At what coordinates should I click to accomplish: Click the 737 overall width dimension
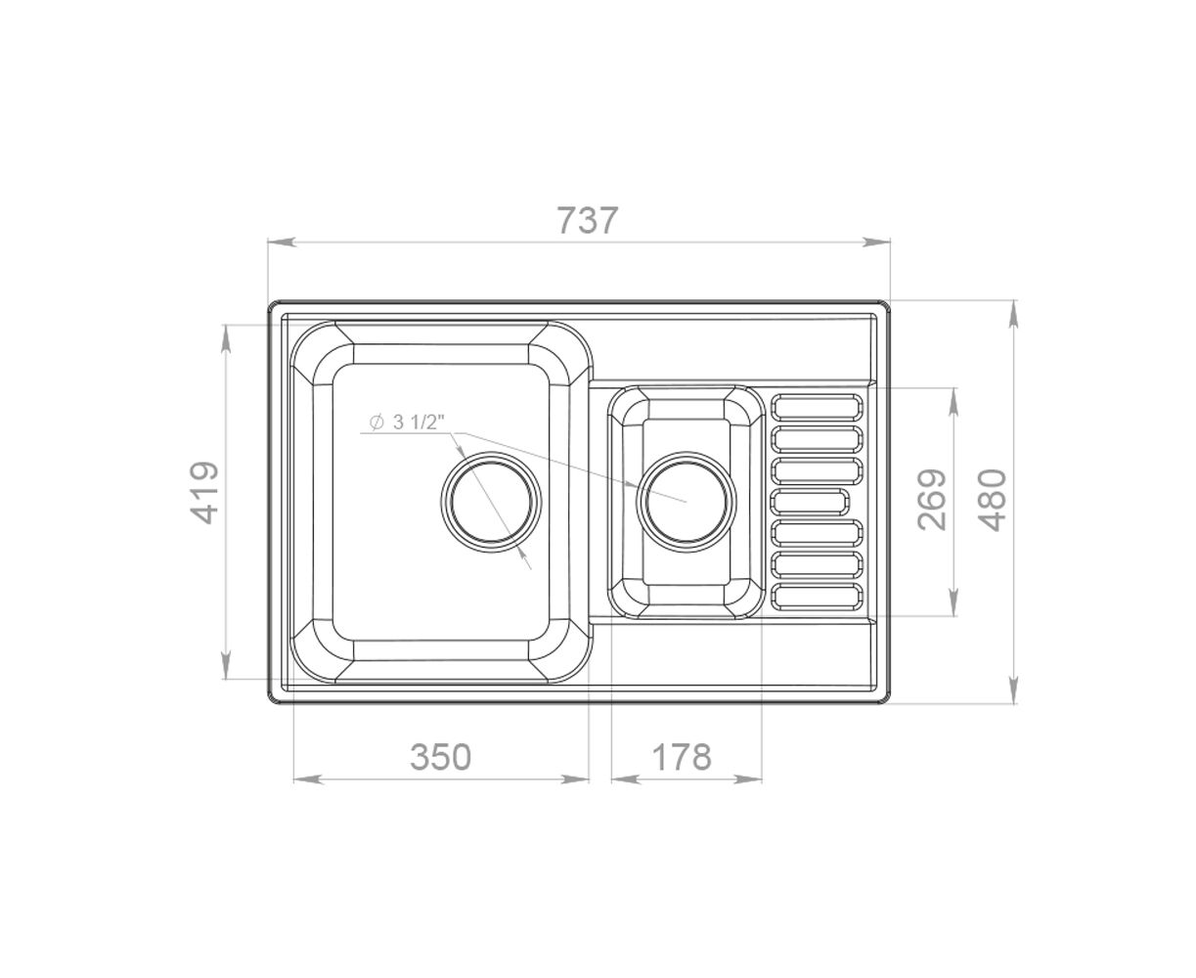pyautogui.click(x=587, y=220)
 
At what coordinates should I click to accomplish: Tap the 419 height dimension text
pyautogui.click(x=203, y=493)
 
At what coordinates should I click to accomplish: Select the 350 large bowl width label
pyautogui.click(x=440, y=757)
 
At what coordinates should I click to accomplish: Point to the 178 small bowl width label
pyautogui.click(x=681, y=757)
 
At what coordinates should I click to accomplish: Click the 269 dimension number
pyautogui.click(x=932, y=499)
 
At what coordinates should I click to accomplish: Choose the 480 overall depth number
pyautogui.click(x=993, y=499)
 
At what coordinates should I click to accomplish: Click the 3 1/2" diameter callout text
pyautogui.click(x=416, y=422)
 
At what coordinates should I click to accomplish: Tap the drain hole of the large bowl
pyautogui.click(x=491, y=502)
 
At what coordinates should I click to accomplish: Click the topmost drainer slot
pyautogui.click(x=817, y=407)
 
